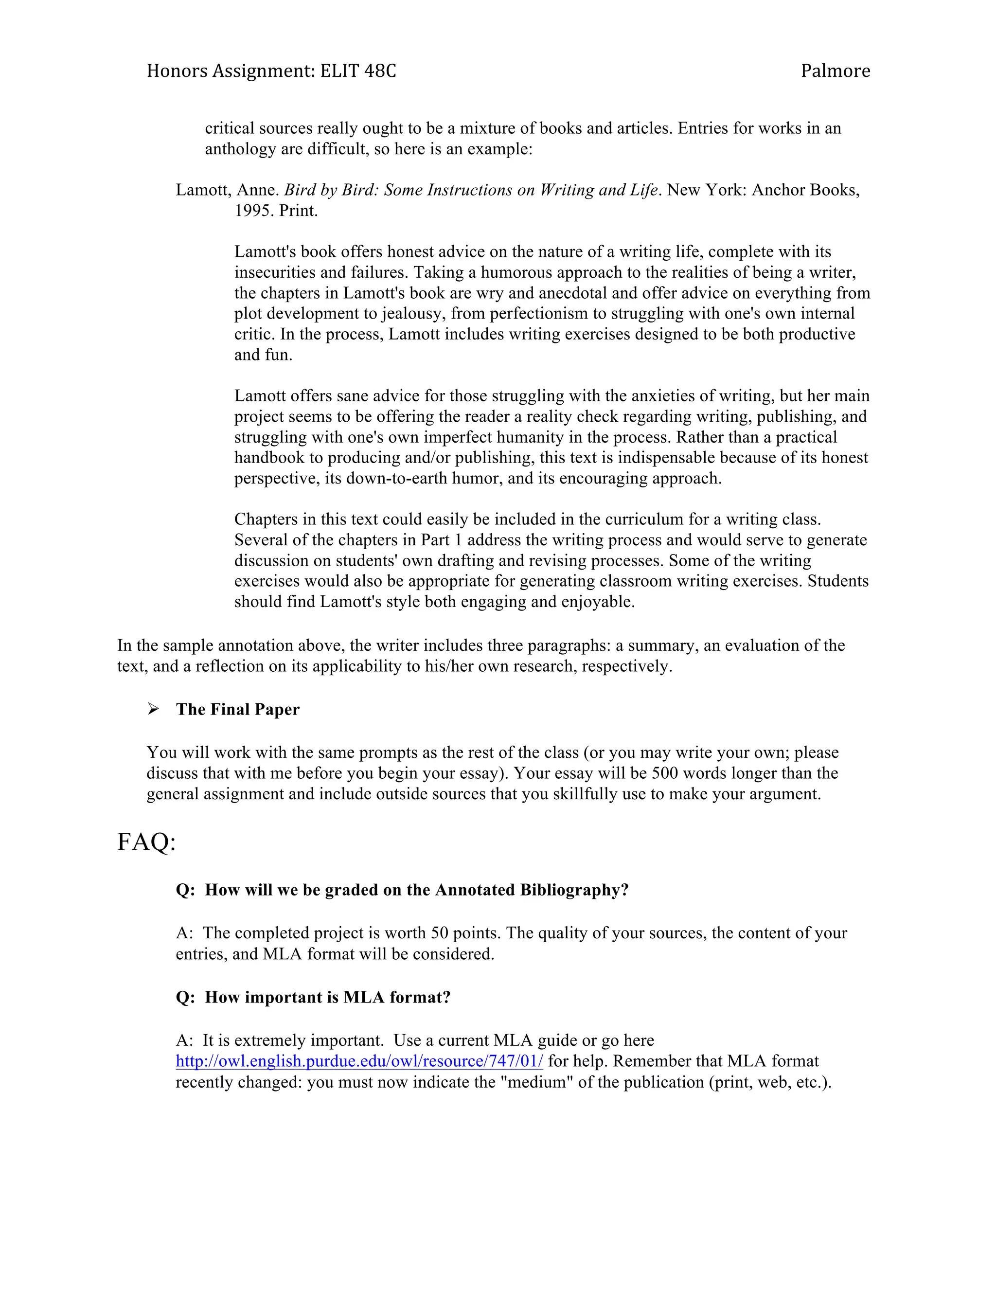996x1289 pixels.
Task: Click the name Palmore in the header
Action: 835,72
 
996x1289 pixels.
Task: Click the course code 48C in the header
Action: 380,72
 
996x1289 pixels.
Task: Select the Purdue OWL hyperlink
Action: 359,1061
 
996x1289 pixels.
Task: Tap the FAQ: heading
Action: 146,841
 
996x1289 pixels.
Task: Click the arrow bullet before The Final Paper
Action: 153,709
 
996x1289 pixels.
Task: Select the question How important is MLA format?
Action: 313,998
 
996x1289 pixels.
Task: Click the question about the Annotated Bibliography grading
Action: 402,890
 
